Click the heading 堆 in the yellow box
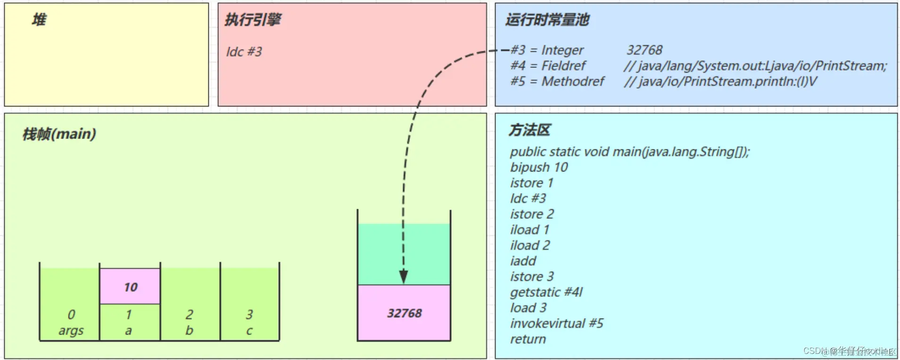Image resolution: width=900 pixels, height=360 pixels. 39,20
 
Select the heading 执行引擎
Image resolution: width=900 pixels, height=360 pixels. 253,20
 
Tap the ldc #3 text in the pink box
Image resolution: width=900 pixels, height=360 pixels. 244,52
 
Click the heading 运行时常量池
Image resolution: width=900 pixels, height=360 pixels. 547,20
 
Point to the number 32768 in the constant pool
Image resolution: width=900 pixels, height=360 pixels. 644,50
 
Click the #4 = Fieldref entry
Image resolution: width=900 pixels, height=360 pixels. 548,65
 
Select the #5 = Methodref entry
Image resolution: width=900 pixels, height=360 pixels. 557,82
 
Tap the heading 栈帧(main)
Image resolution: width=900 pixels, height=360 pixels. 59,134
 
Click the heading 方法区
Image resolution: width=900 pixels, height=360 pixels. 529,130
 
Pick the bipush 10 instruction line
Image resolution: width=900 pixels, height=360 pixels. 539,167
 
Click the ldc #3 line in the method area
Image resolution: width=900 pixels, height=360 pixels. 528,198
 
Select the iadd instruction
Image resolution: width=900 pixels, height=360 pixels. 523,261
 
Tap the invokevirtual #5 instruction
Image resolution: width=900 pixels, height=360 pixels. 556,323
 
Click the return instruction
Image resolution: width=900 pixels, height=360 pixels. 528,339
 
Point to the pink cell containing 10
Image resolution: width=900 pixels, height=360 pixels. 130,286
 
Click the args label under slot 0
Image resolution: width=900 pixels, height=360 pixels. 71,331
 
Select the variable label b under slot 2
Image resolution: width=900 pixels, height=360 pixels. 189,331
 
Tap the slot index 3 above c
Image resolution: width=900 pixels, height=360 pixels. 249,314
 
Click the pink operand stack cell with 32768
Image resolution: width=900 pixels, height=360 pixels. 404,313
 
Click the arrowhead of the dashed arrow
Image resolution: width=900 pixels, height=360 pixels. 404,277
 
